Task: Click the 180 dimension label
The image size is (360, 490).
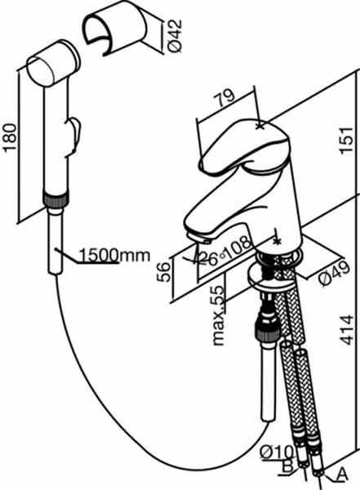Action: pos(11,137)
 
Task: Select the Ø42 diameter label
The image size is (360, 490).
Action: pos(174,35)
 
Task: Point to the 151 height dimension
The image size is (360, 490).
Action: pos(346,140)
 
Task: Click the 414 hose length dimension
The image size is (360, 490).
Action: pos(346,330)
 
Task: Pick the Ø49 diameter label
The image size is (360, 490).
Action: pos(334,273)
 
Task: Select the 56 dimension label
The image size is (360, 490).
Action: pos(164,272)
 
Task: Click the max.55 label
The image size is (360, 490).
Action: pos(219,315)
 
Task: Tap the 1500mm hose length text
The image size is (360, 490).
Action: pos(114,255)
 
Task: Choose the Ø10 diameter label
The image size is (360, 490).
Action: pos(277,452)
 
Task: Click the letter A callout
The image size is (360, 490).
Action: pos(342,474)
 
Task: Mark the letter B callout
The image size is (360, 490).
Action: pos(287,466)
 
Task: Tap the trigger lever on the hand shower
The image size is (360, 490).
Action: pos(73,134)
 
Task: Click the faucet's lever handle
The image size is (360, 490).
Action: pos(245,146)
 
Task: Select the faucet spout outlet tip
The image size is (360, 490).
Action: pos(200,238)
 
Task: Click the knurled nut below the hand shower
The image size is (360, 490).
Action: pos(55,200)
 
